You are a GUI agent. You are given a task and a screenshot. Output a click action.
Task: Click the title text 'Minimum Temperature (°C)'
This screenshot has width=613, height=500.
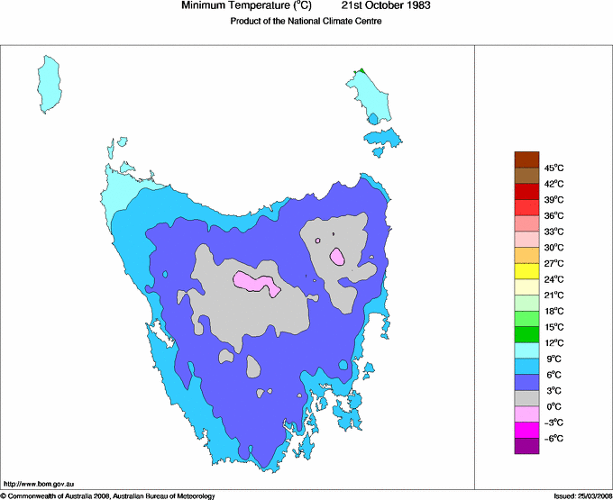[246, 6]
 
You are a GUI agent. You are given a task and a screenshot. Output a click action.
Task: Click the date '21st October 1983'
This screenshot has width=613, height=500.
[387, 6]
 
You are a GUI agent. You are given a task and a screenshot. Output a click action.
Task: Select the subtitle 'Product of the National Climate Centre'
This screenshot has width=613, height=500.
[307, 22]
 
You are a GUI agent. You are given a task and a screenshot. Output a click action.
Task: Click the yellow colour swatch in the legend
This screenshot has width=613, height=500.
[526, 271]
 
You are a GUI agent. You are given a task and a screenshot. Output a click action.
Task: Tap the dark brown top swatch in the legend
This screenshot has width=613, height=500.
[526, 159]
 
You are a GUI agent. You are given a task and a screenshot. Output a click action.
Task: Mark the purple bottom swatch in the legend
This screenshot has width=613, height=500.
[526, 446]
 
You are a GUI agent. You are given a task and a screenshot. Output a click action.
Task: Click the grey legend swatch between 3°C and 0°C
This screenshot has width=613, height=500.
[526, 398]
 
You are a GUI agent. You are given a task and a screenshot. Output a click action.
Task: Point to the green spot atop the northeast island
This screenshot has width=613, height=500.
[361, 70]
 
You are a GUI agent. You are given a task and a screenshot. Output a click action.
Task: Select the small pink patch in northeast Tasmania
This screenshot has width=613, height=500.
[336, 257]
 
